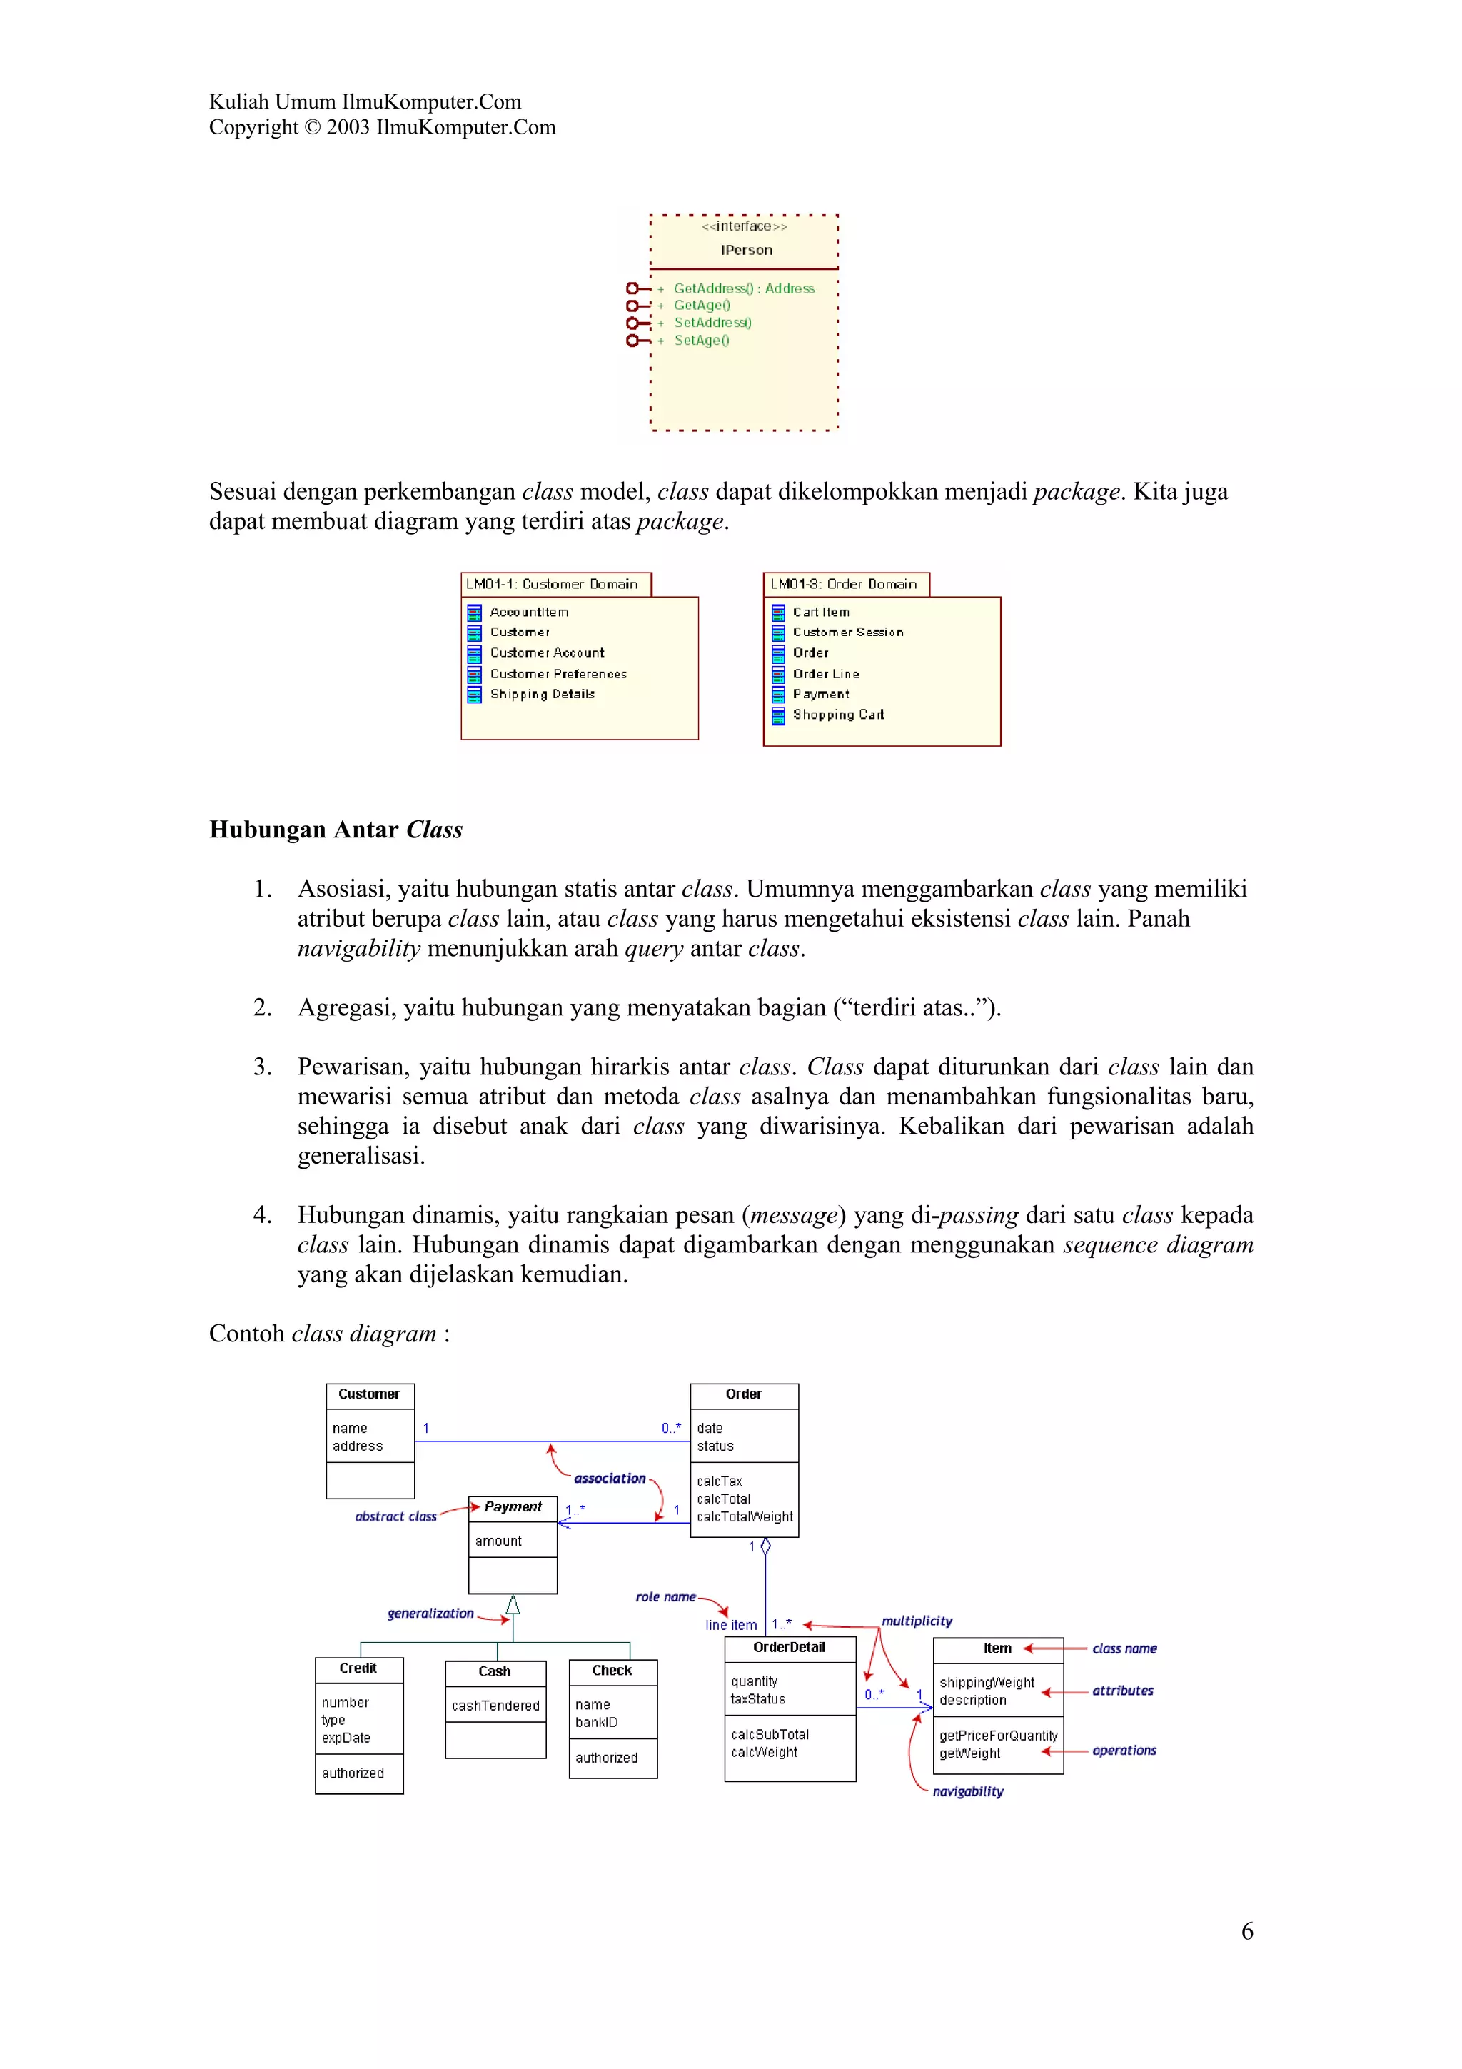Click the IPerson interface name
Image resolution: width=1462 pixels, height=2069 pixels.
tap(746, 251)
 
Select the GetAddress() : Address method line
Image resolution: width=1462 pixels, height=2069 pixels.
tap(743, 288)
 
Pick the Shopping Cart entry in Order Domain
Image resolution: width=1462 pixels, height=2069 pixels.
tap(838, 715)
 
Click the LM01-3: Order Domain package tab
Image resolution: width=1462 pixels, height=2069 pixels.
tap(844, 584)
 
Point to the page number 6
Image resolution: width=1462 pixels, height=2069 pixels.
tap(1246, 1930)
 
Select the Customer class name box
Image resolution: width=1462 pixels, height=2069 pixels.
tap(369, 1394)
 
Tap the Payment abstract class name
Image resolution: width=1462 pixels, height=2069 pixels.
tap(513, 1506)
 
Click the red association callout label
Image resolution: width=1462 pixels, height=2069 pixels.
tap(610, 1478)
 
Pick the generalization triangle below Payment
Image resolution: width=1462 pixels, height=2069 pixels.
tap(513, 1604)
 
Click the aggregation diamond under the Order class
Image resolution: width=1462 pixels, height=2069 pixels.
tap(766, 1546)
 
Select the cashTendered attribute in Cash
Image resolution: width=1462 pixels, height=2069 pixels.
tap(495, 1706)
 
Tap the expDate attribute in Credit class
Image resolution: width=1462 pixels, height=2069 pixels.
tap(346, 1738)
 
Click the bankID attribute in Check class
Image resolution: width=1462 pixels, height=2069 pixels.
tap(596, 1722)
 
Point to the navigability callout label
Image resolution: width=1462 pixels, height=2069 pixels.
tap(967, 1791)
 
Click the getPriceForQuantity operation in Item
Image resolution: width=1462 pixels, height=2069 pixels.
tap(998, 1736)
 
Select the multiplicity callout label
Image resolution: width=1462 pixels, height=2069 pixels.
tap(916, 1621)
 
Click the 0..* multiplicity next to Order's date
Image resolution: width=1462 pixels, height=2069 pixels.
tap(671, 1429)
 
